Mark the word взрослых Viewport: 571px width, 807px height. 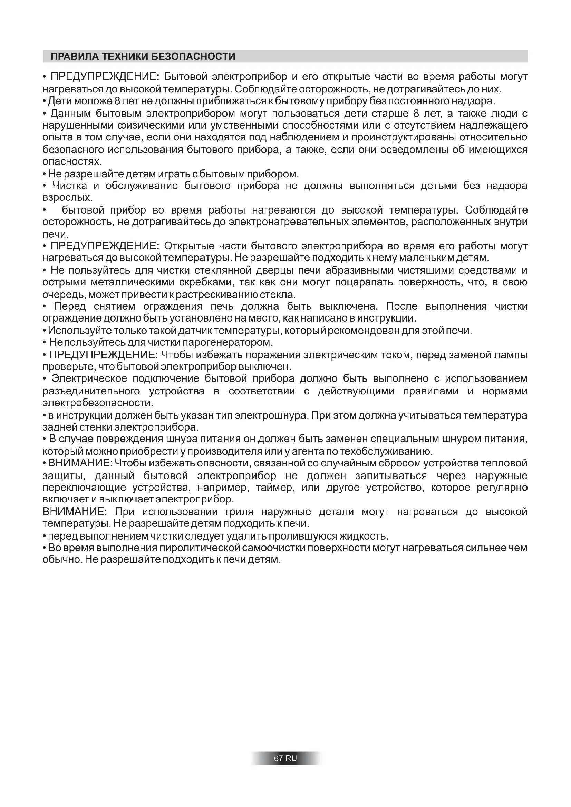68,198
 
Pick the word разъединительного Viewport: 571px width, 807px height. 91,391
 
